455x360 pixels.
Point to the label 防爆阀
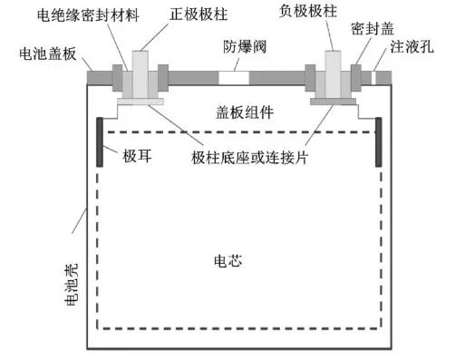pyautogui.click(x=239, y=45)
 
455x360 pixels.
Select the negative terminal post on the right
pyautogui.click(x=330, y=73)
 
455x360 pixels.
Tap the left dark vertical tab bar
pyautogui.click(x=98, y=142)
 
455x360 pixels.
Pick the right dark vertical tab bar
pyautogui.click(x=378, y=142)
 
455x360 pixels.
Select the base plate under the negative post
pyautogui.click(x=331, y=102)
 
